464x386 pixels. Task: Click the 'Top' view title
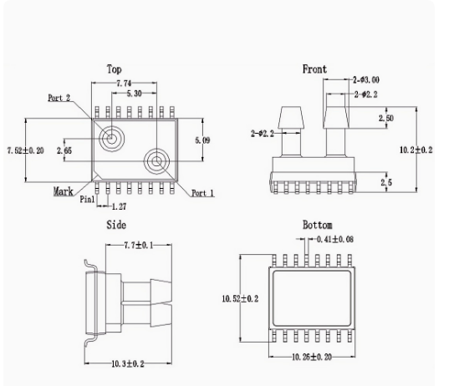(115, 69)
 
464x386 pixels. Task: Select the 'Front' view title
(314, 69)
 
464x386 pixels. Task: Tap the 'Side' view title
(116, 225)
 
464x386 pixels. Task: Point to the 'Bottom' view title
(317, 225)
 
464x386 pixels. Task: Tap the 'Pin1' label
(88, 201)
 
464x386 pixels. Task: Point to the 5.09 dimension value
(202, 140)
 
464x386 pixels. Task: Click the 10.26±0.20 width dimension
(311, 356)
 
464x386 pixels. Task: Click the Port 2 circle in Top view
(111, 138)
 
